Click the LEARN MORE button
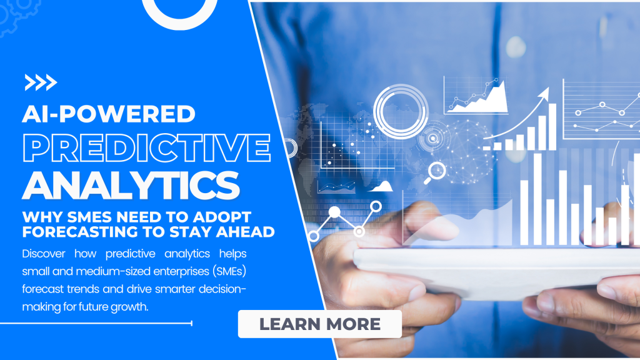click(x=319, y=324)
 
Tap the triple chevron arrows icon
click(x=41, y=82)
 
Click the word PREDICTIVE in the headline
click(x=146, y=147)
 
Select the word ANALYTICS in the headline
click(x=131, y=185)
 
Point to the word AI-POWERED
click(x=109, y=114)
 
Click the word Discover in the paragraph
click(x=44, y=254)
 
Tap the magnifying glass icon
click(x=435, y=172)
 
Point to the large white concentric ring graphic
click(x=401, y=111)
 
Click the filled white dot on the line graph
click(x=334, y=212)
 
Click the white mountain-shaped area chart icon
click(x=381, y=187)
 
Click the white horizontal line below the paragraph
click(x=96, y=323)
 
